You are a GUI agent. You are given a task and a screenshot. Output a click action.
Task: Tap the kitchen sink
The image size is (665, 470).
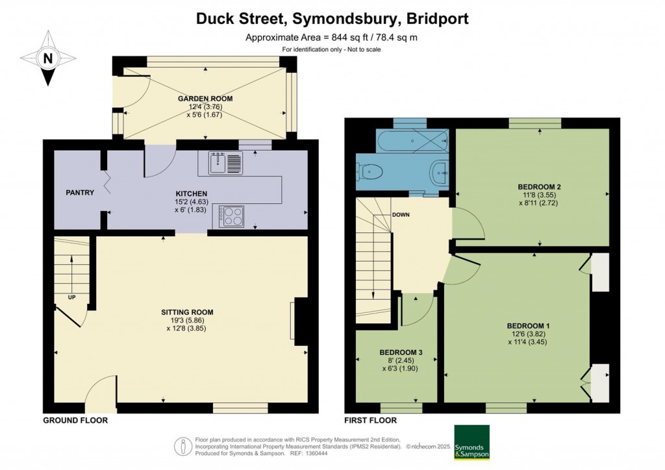pyautogui.click(x=225, y=163)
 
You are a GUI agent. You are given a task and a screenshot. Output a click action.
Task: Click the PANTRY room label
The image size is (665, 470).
pyautogui.click(x=80, y=193)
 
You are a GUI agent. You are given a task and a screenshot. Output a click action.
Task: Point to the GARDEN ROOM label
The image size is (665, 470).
pyautogui.click(x=205, y=99)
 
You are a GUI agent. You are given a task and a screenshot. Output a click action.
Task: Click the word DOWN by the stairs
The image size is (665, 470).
pyautogui.click(x=400, y=215)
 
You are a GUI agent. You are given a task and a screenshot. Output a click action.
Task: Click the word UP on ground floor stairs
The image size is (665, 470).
pyautogui.click(x=72, y=298)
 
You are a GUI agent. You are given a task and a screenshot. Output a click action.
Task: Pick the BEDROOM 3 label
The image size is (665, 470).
pyautogui.click(x=401, y=352)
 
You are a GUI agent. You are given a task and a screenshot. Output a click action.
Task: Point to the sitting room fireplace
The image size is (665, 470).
pyautogui.click(x=300, y=319)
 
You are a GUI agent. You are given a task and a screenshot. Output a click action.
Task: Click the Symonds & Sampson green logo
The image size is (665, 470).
pyautogui.click(x=472, y=441)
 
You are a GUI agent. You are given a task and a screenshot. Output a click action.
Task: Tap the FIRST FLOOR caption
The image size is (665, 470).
pyautogui.click(x=371, y=421)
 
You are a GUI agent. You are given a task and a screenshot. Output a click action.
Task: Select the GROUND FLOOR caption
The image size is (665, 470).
pyautogui.click(x=75, y=421)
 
